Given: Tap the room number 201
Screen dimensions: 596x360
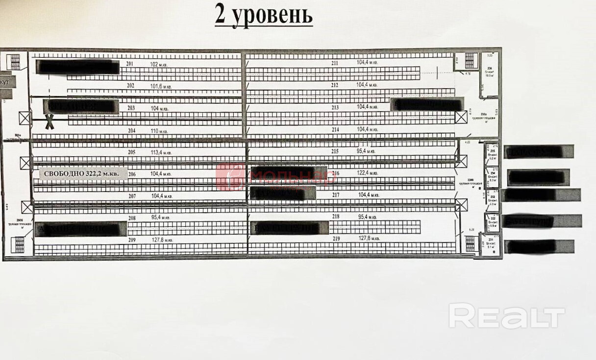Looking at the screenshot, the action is tap(130, 64).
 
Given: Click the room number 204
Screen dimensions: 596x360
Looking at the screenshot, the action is tap(131, 131).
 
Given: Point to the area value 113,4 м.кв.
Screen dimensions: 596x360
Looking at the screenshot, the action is tap(161, 152).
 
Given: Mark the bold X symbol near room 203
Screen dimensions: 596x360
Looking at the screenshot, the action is tap(50, 121).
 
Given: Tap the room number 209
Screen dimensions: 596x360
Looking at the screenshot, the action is tap(131, 240).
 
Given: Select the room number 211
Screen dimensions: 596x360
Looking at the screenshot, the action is tap(335, 63).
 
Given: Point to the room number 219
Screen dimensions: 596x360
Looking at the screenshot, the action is tap(335, 239).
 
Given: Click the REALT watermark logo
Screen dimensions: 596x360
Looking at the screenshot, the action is tap(506, 316).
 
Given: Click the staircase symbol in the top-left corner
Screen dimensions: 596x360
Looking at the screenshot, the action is tap(15, 62).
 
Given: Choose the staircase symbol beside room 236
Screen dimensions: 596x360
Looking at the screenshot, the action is tap(470, 61).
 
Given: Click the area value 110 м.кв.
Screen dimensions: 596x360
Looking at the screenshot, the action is tap(158, 131).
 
